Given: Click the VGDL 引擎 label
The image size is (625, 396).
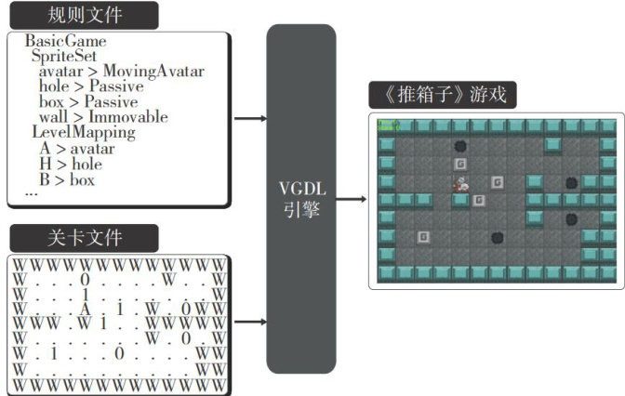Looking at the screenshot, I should click(300, 198).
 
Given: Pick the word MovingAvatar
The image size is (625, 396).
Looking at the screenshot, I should click(153, 72).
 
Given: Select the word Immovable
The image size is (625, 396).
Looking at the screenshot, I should click(128, 117).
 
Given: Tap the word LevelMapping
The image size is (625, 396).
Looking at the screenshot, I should click(84, 133).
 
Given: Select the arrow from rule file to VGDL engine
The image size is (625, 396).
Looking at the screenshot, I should click(249, 119).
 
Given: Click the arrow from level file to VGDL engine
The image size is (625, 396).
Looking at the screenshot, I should click(249, 323).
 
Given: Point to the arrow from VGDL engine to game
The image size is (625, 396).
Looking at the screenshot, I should click(351, 199).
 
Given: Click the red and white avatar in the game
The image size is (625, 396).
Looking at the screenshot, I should click(459, 184).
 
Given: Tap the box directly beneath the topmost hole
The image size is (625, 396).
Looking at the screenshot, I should click(459, 164).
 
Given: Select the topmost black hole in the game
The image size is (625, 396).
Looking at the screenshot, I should click(459, 146).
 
